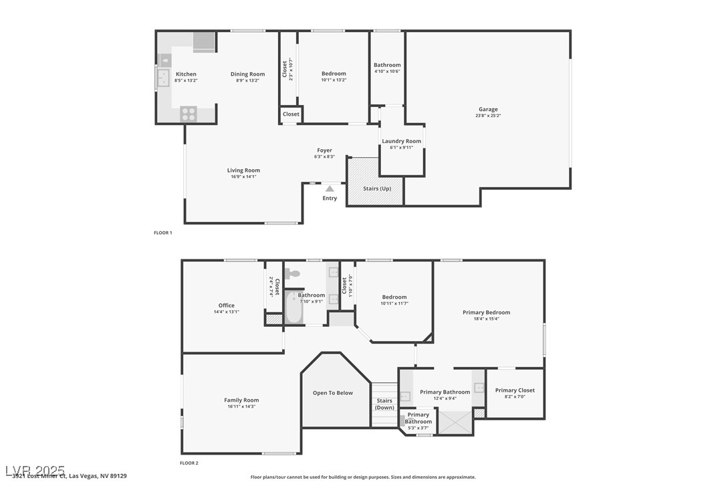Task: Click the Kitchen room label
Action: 186,74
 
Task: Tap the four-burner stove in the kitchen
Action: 189,114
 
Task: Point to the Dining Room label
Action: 247,74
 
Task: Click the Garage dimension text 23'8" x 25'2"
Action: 487,116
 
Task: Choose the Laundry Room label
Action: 401,141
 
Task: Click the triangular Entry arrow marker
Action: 330,189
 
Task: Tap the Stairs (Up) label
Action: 377,189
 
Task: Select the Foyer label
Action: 324,150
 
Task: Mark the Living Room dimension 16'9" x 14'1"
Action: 243,176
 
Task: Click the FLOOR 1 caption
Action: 163,233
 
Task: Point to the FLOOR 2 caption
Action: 189,463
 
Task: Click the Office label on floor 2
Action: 226,306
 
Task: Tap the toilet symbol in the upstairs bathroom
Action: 292,273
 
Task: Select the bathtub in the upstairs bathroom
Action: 292,308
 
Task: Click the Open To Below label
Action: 332,393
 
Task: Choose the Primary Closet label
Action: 515,390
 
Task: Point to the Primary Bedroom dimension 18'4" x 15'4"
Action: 486,319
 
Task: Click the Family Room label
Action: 241,400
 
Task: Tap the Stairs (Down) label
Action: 384,404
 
